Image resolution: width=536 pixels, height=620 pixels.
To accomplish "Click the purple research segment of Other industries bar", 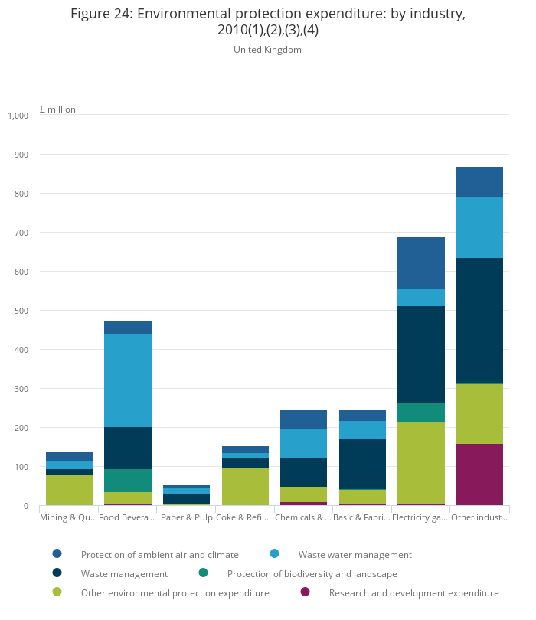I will (x=479, y=474).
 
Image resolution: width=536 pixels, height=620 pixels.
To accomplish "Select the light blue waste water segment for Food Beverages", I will (x=128, y=380).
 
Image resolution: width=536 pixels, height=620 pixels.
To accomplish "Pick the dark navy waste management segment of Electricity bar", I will (x=421, y=354).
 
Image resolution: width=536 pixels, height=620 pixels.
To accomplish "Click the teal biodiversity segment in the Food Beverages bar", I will (x=128, y=480).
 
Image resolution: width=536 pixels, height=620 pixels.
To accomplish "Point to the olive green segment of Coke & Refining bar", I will (x=245, y=486).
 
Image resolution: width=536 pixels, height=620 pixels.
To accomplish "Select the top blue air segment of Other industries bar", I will (x=479, y=182).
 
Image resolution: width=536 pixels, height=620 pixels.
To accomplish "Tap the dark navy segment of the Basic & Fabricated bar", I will (x=362, y=464).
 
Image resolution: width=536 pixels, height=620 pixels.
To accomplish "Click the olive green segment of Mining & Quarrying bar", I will (x=69, y=490).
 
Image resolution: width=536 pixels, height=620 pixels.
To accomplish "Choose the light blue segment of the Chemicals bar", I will (x=303, y=444).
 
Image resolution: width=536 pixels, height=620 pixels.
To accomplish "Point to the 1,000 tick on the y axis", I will (x=18, y=116).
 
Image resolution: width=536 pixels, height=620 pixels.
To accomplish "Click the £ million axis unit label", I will (x=57, y=109).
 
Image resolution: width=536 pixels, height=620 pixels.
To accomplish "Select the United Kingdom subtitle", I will (x=267, y=50).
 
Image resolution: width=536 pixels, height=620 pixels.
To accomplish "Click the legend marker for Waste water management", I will (x=275, y=553).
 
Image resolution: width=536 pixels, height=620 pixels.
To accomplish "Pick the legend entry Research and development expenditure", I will (x=413, y=593).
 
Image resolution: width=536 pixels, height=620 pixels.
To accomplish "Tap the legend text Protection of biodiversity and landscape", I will (x=312, y=573).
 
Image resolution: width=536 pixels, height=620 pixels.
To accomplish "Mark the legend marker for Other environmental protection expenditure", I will (x=57, y=592).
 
